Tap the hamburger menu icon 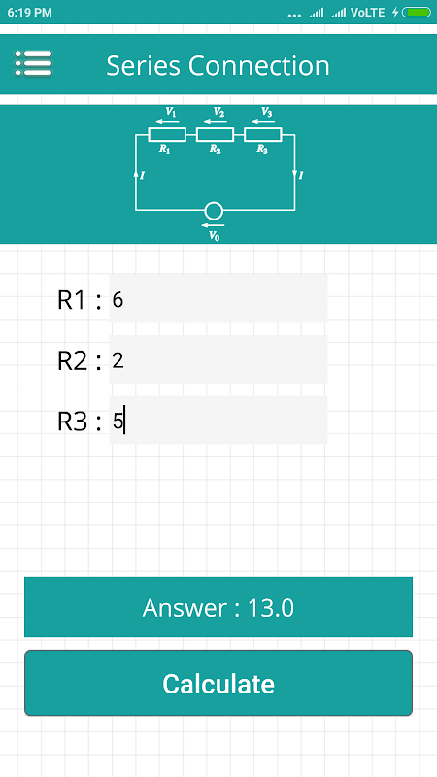[x=33, y=63]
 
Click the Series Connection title [x=218, y=65]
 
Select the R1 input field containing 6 [x=218, y=299]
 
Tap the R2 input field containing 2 [x=218, y=359]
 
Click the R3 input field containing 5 [x=218, y=421]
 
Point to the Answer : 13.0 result [x=218, y=607]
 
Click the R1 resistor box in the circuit [x=167, y=134]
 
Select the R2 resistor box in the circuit [x=215, y=134]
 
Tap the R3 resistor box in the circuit [x=263, y=134]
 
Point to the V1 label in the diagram [x=171, y=112]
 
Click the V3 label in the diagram [x=267, y=112]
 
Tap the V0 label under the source [x=214, y=236]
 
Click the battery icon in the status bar [x=417, y=13]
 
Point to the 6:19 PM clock [x=30, y=13]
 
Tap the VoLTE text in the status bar [x=367, y=13]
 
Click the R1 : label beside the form [x=80, y=300]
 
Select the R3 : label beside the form [x=80, y=422]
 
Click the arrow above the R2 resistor [x=215, y=122]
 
